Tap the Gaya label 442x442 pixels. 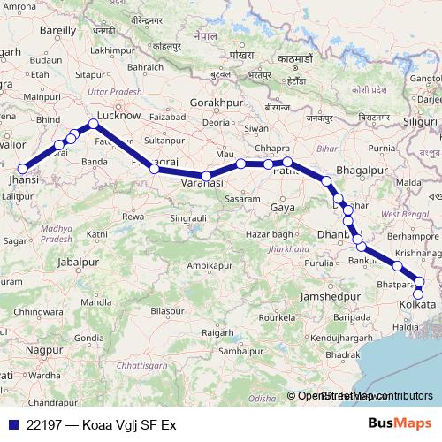coord(283,207)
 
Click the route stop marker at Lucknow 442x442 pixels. coord(93,126)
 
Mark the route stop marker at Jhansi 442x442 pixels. coord(24,170)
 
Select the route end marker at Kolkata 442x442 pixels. coord(419,293)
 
